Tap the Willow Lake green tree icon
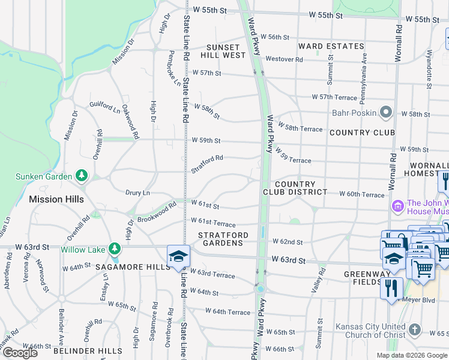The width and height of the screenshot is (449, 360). [114, 248]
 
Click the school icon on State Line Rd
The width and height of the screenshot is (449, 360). [178, 256]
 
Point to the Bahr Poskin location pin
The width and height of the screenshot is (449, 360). [385, 112]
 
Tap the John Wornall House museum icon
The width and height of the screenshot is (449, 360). [396, 207]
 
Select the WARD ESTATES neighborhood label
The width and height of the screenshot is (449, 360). [331, 46]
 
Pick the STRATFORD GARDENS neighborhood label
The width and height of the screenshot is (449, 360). [220, 238]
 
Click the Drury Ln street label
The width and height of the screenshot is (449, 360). [137, 193]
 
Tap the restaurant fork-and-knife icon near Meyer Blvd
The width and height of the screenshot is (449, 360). [391, 288]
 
